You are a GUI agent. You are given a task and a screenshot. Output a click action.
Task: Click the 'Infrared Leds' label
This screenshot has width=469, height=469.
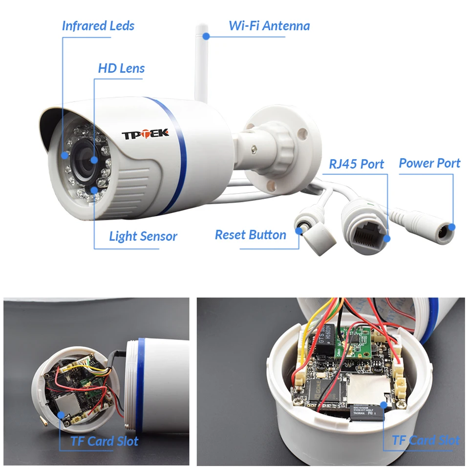tap(98, 26)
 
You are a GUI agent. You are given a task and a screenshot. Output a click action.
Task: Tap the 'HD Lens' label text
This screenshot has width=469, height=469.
tap(121, 68)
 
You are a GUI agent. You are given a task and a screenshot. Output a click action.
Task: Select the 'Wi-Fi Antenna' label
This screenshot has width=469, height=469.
tap(269, 25)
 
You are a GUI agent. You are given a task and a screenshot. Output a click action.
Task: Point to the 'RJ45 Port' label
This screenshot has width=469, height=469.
tap(356, 164)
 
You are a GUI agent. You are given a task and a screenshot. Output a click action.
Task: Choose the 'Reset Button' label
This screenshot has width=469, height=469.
tap(250, 234)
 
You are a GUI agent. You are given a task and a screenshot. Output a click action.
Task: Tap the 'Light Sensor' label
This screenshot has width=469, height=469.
tap(143, 236)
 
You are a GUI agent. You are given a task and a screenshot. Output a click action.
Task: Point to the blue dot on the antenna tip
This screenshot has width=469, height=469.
tap(206, 36)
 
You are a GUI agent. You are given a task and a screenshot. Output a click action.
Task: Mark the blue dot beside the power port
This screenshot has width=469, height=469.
tap(452, 227)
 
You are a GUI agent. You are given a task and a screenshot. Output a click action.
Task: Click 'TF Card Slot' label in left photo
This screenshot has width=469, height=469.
tap(104, 441)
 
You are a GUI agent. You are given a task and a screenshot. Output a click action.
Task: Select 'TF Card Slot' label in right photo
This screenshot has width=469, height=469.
tap(426, 440)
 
